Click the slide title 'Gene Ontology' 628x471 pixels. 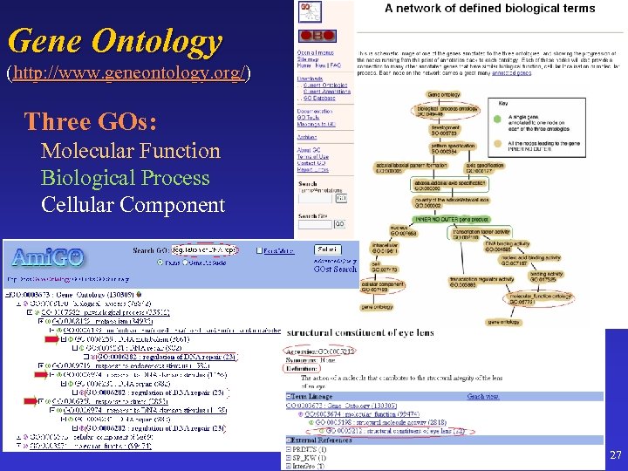(115, 40)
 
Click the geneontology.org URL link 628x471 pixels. (128, 73)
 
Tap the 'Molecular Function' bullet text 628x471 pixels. (131, 151)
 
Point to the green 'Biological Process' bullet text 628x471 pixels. (125, 178)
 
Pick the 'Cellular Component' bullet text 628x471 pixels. (133, 205)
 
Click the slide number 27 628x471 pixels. (616, 455)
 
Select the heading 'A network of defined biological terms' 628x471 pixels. (489, 9)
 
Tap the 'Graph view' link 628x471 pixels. (482, 396)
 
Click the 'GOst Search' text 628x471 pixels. (334, 270)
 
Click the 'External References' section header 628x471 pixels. (324, 441)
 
